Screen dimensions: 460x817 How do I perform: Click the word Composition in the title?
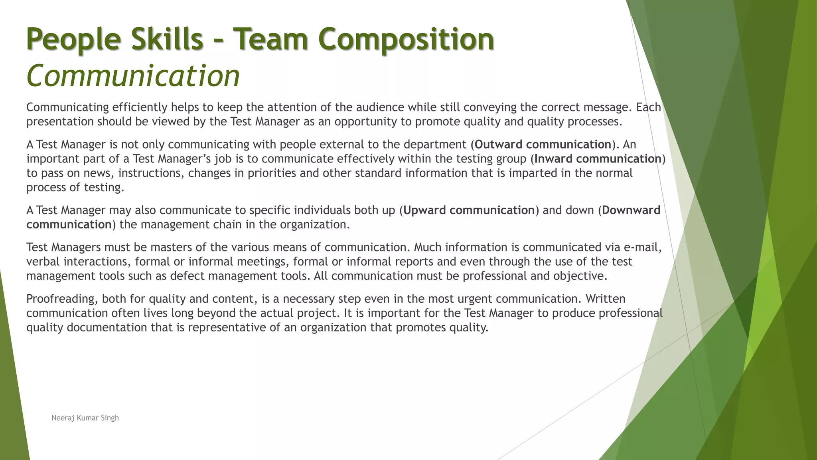tap(406, 39)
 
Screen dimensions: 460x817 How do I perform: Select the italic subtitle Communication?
tap(133, 75)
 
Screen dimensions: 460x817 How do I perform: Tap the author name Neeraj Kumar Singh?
tap(85, 418)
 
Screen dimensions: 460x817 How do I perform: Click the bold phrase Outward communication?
tap(543, 144)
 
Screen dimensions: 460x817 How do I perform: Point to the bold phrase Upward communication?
tap(469, 210)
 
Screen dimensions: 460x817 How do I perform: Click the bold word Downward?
tap(631, 210)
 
